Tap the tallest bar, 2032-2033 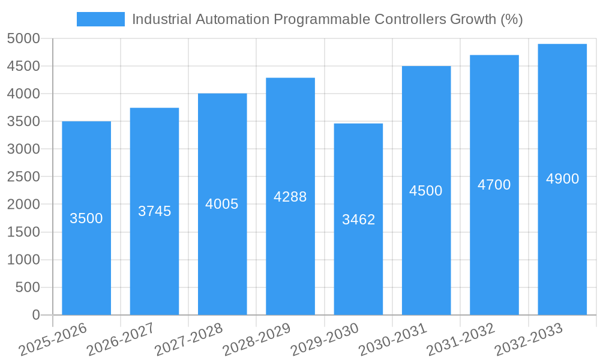pyautogui.click(x=562, y=240)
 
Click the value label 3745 pyautogui.click(x=155, y=211)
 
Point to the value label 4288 pyautogui.click(x=290, y=197)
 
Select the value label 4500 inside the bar pyautogui.click(x=426, y=191)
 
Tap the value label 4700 pyautogui.click(x=494, y=185)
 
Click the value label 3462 pyautogui.click(x=359, y=220)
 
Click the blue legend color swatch pyautogui.click(x=100, y=19)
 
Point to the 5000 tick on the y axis pyautogui.click(x=23, y=39)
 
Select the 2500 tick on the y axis pyautogui.click(x=23, y=177)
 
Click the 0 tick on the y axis pyautogui.click(x=36, y=315)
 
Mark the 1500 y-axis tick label pyautogui.click(x=23, y=232)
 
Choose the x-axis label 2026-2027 pyautogui.click(x=121, y=340)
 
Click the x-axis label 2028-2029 pyautogui.click(x=257, y=340)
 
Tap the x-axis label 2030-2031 pyautogui.click(x=393, y=340)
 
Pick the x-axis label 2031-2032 pyautogui.click(x=461, y=340)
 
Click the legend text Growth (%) pyautogui.click(x=486, y=19)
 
